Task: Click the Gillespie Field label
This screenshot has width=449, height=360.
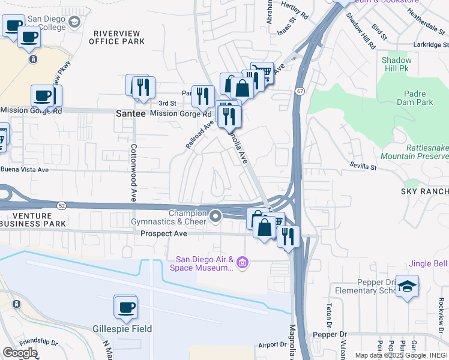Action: click(x=122, y=329)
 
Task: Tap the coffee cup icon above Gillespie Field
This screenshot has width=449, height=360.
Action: click(x=126, y=308)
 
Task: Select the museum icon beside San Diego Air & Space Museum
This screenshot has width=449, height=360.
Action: click(x=242, y=262)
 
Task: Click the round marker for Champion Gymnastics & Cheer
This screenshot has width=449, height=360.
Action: click(x=215, y=215)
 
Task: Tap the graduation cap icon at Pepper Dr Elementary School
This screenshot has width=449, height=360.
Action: click(x=407, y=286)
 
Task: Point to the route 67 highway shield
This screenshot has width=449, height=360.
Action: click(x=299, y=91)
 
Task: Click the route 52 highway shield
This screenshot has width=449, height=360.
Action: click(x=62, y=206)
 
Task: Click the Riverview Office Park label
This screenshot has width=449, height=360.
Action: click(x=117, y=37)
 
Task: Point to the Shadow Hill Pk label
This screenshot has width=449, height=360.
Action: click(x=397, y=65)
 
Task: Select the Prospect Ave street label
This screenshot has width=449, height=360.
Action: click(x=164, y=233)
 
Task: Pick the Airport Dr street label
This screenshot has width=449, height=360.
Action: click(x=273, y=344)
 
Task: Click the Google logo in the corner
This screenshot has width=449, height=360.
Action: click(x=20, y=353)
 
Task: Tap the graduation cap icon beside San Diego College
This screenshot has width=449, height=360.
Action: click(x=74, y=23)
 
